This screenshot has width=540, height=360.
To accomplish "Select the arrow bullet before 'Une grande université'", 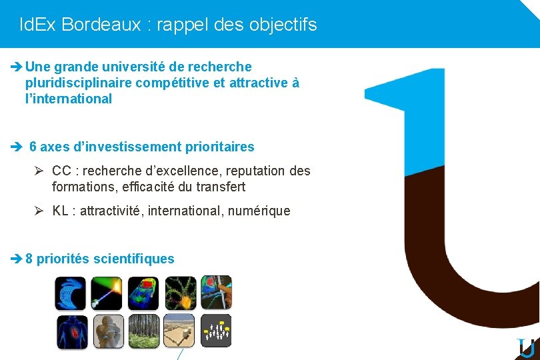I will click(x=17, y=67).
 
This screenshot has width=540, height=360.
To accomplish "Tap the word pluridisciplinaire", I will click(x=78, y=83).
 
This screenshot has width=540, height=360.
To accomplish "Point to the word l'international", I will click(x=68, y=99).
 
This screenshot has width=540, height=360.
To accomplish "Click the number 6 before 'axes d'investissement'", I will click(x=33, y=146).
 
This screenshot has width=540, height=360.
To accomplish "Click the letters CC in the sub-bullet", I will click(x=61, y=171).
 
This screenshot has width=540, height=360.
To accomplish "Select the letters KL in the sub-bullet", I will click(x=61, y=211).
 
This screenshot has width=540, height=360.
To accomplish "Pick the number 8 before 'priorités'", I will click(x=29, y=259).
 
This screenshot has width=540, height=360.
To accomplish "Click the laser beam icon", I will click(x=107, y=293).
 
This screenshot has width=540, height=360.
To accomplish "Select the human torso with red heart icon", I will click(x=71, y=331).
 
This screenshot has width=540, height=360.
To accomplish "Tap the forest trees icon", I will click(x=143, y=331).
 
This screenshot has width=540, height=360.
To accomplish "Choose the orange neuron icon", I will click(x=179, y=293).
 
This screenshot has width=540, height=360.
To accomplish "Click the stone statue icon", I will click(x=107, y=331).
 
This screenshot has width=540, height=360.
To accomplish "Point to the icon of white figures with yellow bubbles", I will click(x=215, y=331).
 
